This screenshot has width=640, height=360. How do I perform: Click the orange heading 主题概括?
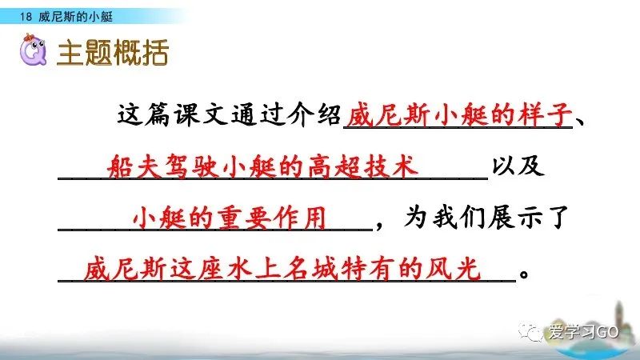coord(113,54)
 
